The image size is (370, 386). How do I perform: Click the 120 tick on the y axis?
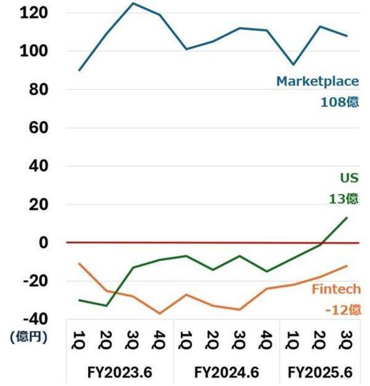tap(35, 13)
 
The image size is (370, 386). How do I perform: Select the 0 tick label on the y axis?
tap(44, 243)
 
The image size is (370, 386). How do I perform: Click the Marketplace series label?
tap(316, 81)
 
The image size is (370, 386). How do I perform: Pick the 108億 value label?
tap(339, 102)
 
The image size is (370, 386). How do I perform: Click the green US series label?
tap(349, 178)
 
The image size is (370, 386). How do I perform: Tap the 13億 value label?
tap(343, 198)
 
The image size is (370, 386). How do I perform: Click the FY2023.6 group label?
tap(119, 372)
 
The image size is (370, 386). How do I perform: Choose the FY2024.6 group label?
tap(226, 372)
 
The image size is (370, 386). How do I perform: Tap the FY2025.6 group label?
tap(320, 372)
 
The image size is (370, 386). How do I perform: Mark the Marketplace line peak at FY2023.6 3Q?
tap(133, 3)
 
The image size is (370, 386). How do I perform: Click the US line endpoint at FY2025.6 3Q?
tap(347, 217)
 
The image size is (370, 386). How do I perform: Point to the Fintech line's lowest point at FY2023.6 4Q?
tap(160, 313)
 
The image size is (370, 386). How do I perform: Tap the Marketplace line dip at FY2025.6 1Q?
tap(294, 64)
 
